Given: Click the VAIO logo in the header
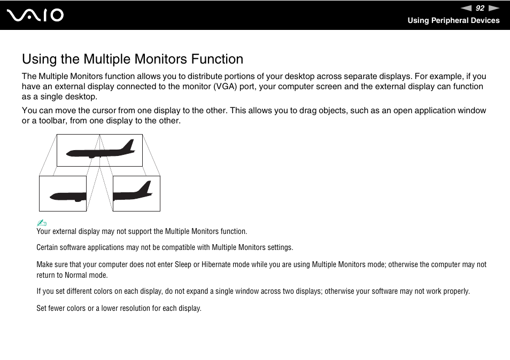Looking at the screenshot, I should [x=35, y=15].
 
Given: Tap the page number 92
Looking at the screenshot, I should [x=480, y=8].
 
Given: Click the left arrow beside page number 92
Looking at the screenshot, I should [x=466, y=8].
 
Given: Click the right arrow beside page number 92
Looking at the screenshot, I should [x=493, y=8].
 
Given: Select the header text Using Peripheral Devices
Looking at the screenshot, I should [x=453, y=20].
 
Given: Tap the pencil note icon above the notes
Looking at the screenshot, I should [x=42, y=223].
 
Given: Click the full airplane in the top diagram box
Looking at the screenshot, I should [x=99, y=151].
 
